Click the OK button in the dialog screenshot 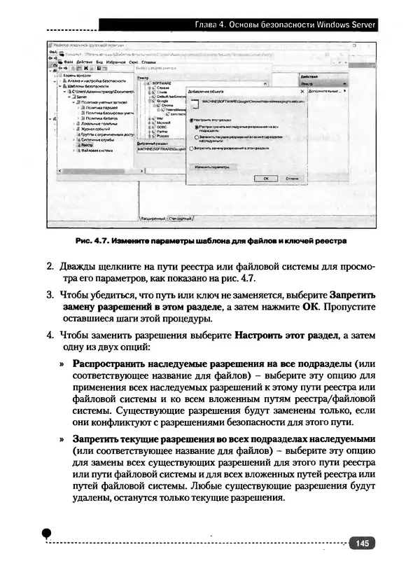pyautogui.click(x=266, y=179)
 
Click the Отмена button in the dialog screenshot pyautogui.click(x=293, y=179)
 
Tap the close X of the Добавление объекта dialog pyautogui.click(x=302, y=91)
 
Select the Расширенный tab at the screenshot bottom pyautogui.click(x=153, y=219)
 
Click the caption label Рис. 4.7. pyautogui.click(x=91, y=242)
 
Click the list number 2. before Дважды pyautogui.click(x=50, y=267)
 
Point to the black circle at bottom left pyautogui.click(x=47, y=534)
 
